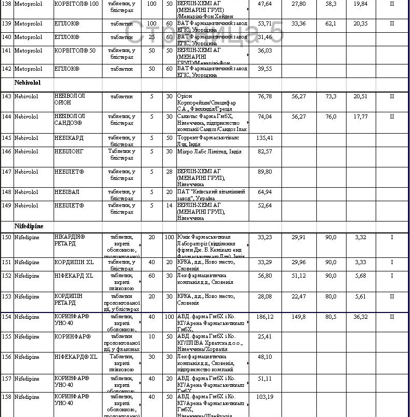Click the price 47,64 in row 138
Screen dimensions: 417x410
click(x=265, y=3)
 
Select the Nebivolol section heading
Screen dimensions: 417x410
click(x=28, y=82)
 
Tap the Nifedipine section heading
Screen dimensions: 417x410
click(x=29, y=227)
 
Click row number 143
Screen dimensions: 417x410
click(x=7, y=96)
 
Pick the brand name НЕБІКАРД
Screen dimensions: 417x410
click(x=69, y=138)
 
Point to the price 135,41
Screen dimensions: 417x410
click(x=265, y=138)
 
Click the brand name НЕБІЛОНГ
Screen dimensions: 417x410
click(x=69, y=151)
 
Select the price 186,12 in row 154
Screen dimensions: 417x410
click(x=265, y=316)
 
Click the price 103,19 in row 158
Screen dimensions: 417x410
click(x=265, y=397)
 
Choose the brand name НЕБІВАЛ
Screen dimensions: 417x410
click(x=67, y=192)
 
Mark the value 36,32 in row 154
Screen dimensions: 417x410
click(x=360, y=316)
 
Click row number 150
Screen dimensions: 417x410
click(x=7, y=237)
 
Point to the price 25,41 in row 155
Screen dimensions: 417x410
click(x=265, y=336)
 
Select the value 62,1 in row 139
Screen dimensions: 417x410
click(x=331, y=23)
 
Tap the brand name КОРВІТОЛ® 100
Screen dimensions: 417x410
click(x=76, y=3)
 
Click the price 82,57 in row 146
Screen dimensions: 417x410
click(x=265, y=151)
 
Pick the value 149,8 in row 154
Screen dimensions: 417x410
click(x=299, y=316)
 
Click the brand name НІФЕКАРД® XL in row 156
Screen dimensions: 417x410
click(x=76, y=357)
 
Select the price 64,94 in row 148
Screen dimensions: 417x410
click(x=265, y=192)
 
